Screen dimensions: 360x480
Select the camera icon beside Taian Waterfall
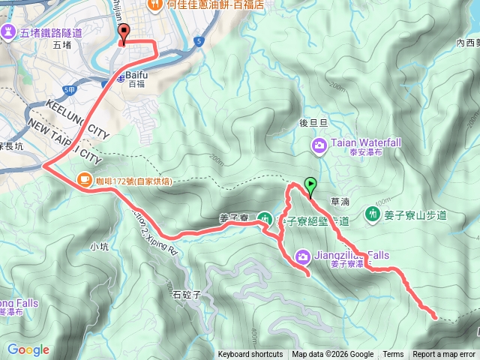(319, 144)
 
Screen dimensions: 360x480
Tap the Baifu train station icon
(118, 78)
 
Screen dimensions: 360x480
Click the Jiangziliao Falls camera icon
(301, 256)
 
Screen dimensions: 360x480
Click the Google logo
(28, 349)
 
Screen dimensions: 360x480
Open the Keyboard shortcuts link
(250, 355)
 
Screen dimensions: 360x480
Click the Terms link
(393, 355)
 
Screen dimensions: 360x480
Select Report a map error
(444, 355)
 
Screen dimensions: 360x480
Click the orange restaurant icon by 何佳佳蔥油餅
(155, 4)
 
